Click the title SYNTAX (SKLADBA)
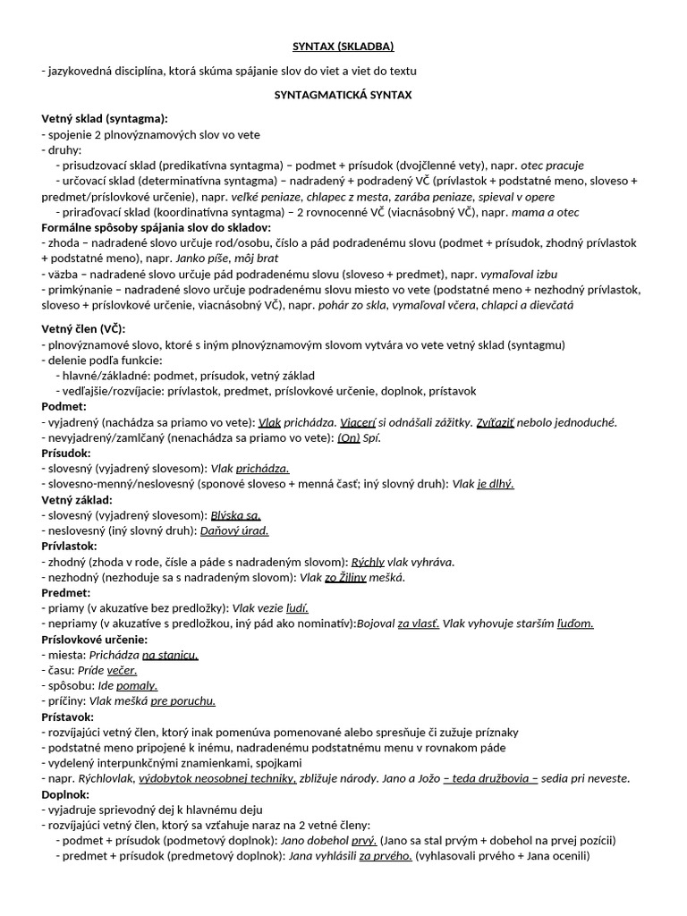343,46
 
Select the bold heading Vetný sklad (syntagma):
105,118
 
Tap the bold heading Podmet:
64,406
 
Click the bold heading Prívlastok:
70,546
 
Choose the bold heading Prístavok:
68,717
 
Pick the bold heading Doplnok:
65,793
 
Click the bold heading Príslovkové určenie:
95,639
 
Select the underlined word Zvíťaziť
496,422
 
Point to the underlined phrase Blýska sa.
235,515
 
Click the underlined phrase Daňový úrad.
234,530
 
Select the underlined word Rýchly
368,562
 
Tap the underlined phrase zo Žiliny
345,577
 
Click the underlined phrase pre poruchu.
183,700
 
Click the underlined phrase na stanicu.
170,655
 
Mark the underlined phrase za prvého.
386,855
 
